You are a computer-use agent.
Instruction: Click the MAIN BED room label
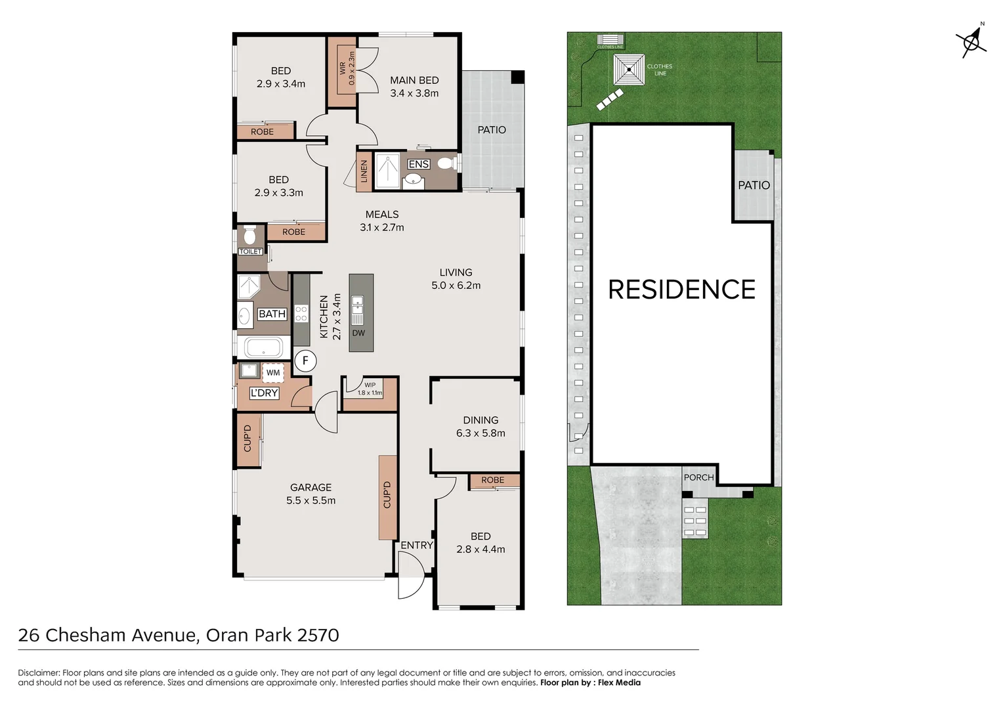[x=414, y=80]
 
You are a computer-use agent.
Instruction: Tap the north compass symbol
[x=971, y=42]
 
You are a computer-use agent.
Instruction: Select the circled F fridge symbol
[x=305, y=360]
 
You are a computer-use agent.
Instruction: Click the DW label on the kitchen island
[x=358, y=333]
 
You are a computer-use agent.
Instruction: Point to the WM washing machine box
[x=273, y=372]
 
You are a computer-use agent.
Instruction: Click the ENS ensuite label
[x=418, y=164]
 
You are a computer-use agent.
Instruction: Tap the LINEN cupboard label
[x=364, y=172]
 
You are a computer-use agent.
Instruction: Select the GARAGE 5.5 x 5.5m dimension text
[x=310, y=500]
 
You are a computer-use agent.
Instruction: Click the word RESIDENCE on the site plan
[x=681, y=290]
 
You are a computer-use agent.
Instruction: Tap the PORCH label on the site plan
[x=698, y=477]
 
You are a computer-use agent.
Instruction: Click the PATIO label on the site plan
[x=754, y=185]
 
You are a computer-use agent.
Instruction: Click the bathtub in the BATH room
[x=264, y=347]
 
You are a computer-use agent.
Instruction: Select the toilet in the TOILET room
[x=249, y=235]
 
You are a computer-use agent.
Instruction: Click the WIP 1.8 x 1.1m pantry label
[x=370, y=389]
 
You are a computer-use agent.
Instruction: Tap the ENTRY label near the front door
[x=417, y=545]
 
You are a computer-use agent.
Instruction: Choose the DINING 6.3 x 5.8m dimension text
[x=480, y=433]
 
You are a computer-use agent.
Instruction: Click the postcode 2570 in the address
[x=318, y=635]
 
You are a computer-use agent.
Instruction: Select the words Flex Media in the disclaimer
[x=619, y=683]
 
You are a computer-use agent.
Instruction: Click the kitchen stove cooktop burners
[x=301, y=314]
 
